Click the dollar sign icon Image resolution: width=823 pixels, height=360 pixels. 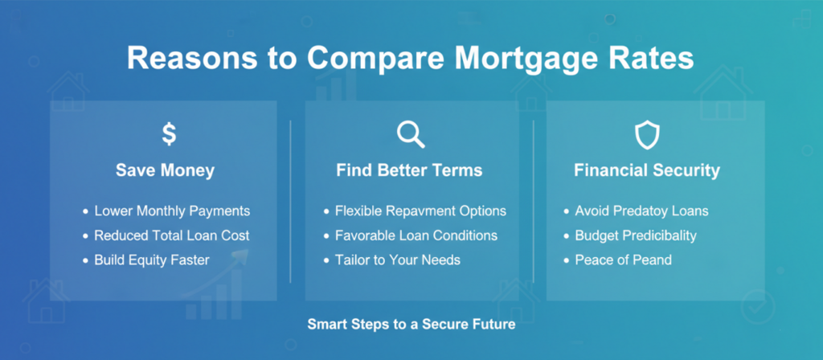[168, 134]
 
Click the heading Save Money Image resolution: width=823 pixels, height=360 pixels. [165, 170]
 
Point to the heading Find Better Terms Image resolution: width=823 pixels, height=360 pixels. [409, 170]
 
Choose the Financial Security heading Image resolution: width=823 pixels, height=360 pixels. [646, 170]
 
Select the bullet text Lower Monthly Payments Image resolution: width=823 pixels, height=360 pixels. [172, 211]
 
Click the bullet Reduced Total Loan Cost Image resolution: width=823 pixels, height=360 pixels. [172, 235]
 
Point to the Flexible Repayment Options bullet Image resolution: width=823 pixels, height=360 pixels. [420, 211]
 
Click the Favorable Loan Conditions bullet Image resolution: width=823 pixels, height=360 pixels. [416, 235]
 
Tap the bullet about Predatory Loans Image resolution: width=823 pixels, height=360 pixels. [641, 211]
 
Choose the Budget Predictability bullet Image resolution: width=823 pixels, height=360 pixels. [636, 235]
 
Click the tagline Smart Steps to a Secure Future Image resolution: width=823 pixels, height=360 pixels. [411, 325]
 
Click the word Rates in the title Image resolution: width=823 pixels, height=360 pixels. [652, 61]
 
